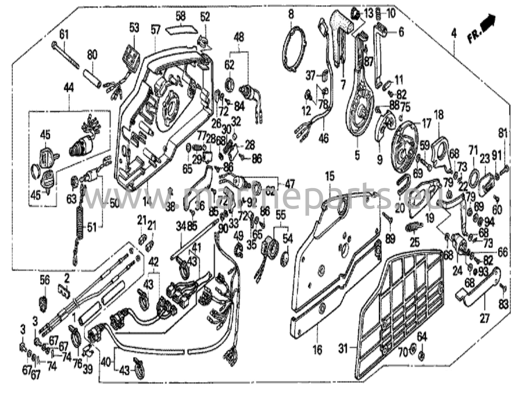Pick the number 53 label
coord(134,28)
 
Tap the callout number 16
coord(317,350)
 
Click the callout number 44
coord(69,89)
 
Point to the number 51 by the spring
coord(92,227)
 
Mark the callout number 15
coord(330,177)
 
